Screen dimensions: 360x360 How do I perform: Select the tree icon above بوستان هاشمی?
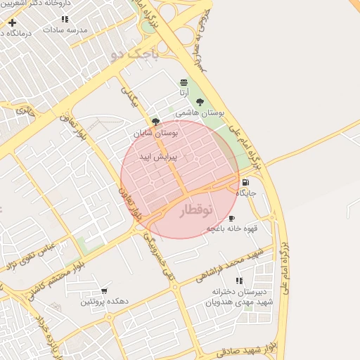tap(200, 102)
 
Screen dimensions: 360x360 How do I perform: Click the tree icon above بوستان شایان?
tap(155, 122)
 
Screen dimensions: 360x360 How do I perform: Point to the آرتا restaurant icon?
tap(184, 82)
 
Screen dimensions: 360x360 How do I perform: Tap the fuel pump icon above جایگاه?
tap(245, 182)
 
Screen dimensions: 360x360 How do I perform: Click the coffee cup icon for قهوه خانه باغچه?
tap(231, 219)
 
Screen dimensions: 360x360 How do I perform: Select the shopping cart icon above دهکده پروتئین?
tap(104, 290)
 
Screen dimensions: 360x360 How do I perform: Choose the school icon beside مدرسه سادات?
tap(65, 20)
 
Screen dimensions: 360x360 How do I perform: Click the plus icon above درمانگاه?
tap(12, 22)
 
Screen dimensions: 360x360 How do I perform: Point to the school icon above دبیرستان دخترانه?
tap(239, 281)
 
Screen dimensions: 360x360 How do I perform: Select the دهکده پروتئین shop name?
tap(104, 301)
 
